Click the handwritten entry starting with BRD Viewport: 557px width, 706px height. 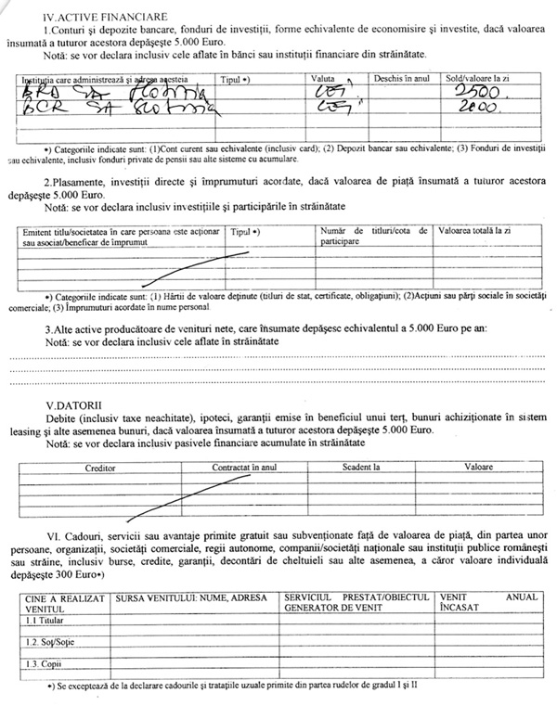pyautogui.click(x=84, y=96)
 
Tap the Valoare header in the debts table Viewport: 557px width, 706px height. pyautogui.click(x=478, y=469)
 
